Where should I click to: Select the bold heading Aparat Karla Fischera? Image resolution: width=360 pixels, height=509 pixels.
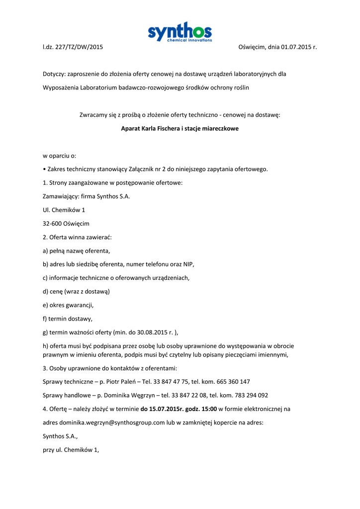coord(180,128)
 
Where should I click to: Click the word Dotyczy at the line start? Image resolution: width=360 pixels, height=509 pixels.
coord(54,74)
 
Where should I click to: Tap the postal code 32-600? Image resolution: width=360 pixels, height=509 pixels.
coord(52,224)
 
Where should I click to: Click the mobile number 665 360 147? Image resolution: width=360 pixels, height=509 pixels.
coord(232,382)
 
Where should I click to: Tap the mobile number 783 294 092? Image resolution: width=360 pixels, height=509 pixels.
coord(250,396)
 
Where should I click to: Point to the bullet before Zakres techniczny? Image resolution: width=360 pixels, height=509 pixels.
coord(44,169)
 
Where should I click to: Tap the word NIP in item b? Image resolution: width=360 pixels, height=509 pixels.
coord(189,264)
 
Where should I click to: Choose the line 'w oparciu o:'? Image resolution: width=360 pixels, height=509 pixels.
coord(60,156)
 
